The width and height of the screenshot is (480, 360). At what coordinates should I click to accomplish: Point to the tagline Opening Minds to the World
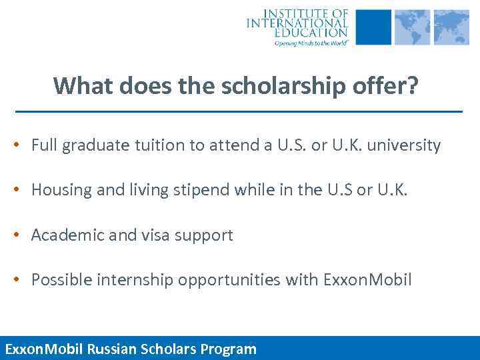(x=311, y=42)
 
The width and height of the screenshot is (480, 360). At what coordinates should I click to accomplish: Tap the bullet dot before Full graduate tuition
(x=22, y=146)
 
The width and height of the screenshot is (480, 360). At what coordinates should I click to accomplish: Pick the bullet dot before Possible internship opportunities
(x=22, y=281)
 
